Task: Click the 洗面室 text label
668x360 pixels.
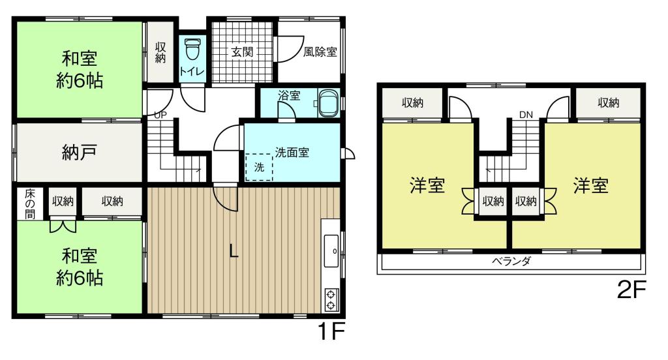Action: click(x=292, y=153)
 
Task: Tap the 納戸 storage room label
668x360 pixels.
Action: click(x=80, y=153)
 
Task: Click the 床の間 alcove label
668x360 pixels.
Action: click(x=30, y=204)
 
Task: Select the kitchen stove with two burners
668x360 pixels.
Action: click(x=330, y=299)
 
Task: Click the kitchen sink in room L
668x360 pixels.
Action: click(x=330, y=250)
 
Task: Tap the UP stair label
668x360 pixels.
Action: click(x=160, y=115)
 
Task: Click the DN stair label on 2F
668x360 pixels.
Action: click(x=526, y=115)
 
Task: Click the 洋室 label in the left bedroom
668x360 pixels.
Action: click(x=427, y=186)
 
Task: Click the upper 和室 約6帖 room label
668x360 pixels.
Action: click(x=80, y=70)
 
